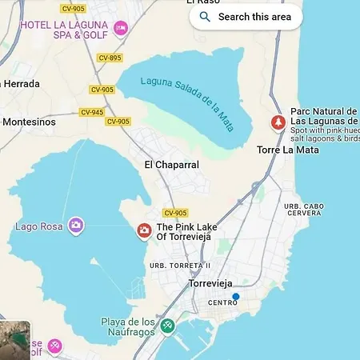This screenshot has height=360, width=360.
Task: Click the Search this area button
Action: tap(246, 16)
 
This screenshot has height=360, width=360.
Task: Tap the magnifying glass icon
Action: tap(205, 16)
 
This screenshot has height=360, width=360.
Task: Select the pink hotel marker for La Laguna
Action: tap(121, 29)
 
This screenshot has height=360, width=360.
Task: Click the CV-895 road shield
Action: tap(110, 58)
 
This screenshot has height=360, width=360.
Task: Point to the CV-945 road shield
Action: tap(92, 112)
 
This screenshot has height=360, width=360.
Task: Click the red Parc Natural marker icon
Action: tap(278, 122)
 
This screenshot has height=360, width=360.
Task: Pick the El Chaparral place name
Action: tap(171, 165)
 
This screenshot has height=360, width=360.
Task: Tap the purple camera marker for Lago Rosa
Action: tap(75, 226)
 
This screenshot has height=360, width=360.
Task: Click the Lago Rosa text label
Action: tap(39, 226)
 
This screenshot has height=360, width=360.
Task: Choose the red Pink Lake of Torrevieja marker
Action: tap(144, 231)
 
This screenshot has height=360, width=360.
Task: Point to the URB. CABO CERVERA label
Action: tap(304, 210)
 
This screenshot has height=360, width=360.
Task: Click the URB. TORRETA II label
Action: tap(186, 266)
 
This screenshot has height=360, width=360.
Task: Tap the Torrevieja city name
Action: tap(215, 283)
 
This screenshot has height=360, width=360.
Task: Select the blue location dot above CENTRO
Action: tap(235, 296)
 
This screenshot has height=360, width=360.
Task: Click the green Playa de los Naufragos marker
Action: tap(166, 326)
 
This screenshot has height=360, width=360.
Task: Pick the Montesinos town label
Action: tap(30, 122)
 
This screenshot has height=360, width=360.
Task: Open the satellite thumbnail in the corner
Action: tap(14, 336)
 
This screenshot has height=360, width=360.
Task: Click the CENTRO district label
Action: tap(222, 303)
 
